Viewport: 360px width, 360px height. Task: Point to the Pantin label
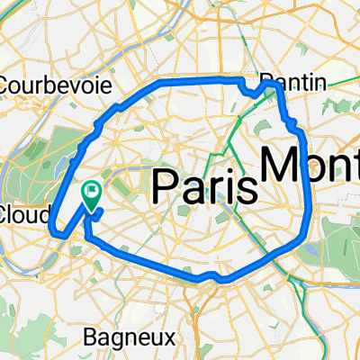292,82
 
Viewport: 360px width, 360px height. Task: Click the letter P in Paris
167,186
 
